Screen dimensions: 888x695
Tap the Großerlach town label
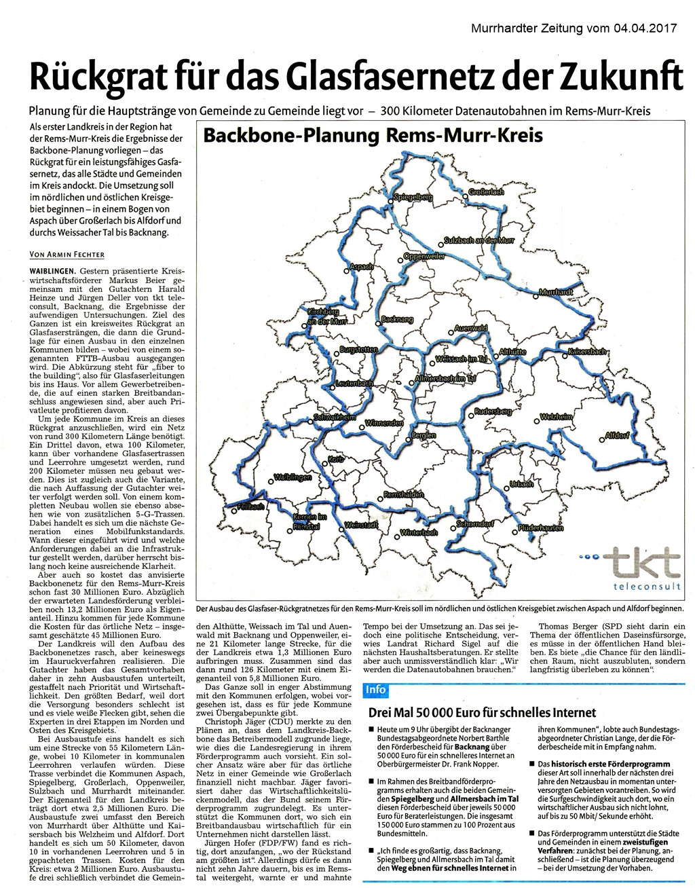point(487,193)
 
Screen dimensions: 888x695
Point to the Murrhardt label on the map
point(556,292)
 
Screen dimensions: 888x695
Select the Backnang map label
point(398,318)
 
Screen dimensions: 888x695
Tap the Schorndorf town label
point(476,523)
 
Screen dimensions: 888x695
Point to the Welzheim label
point(557,416)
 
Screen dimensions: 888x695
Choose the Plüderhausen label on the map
point(540,528)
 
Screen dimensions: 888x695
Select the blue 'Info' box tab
point(375,690)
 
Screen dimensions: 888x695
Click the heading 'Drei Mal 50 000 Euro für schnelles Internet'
point(481,713)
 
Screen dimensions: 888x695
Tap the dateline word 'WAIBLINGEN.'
point(56,271)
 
